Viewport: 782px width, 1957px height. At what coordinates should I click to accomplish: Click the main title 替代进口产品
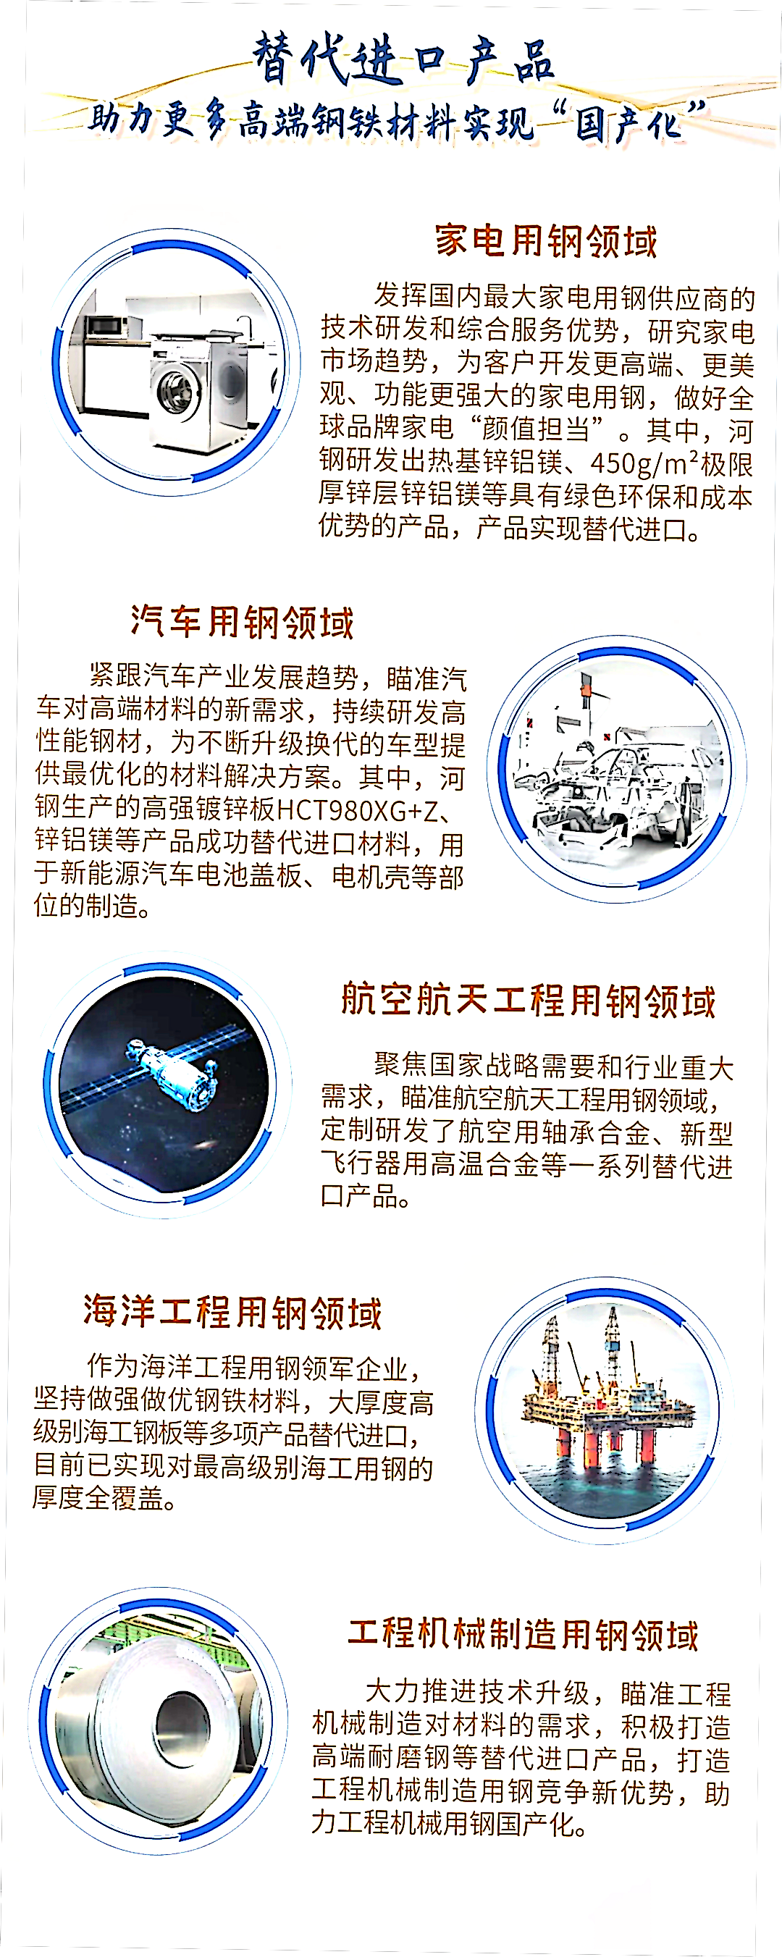pos(403,59)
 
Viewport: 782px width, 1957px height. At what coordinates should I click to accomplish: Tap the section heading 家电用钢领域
pos(546,241)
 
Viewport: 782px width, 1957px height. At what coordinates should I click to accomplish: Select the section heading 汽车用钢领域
pos(242,622)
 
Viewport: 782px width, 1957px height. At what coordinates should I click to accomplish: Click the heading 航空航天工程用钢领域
pos(528,1000)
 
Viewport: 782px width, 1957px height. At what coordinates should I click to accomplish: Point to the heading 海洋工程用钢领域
pos(232,1311)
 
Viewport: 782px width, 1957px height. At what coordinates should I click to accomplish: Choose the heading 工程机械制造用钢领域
pos(523,1635)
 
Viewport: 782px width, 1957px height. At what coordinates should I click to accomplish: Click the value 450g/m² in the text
pos(645,463)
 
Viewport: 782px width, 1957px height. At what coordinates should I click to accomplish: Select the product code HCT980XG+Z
pos(358,811)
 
